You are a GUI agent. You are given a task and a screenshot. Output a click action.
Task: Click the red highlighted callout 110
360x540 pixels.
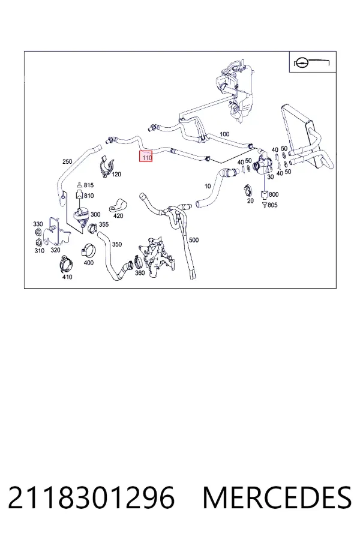pos(145,157)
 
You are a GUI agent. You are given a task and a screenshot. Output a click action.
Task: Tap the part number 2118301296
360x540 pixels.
pos(91,497)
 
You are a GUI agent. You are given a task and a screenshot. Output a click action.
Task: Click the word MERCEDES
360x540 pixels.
pos(277,497)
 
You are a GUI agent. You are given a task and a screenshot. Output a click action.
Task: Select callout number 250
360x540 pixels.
pos(67,161)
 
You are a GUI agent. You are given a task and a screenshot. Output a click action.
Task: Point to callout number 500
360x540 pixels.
pos(194,240)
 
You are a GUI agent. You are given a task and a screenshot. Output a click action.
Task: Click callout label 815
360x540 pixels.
pos(89,185)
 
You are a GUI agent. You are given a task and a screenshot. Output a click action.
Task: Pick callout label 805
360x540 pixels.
pos(272,205)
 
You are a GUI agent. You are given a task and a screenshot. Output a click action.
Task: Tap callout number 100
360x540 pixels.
pos(224,134)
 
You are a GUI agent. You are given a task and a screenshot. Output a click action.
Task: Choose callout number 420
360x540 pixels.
pos(118,216)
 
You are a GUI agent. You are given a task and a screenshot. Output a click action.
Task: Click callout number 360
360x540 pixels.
pos(140,273)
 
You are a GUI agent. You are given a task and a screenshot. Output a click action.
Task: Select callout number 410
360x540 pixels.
pos(67,277)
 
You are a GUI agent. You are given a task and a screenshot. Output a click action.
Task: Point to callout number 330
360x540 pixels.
pos(38,224)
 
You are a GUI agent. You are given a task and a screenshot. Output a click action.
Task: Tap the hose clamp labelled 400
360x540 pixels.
pos(87,250)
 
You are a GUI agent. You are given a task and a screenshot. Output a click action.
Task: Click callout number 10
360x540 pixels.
pos(208,187)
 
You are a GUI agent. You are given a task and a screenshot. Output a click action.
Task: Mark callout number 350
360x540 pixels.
pos(117,244)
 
